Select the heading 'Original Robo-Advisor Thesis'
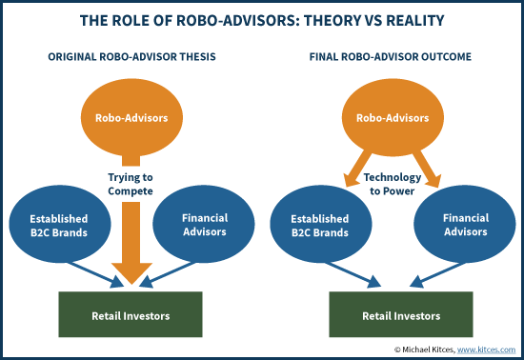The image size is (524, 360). [131, 57]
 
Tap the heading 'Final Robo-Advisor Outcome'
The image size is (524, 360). [390, 57]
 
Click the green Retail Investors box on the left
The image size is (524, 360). [131, 313]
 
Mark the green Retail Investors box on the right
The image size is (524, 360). [391, 313]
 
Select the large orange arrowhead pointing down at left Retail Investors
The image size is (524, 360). [131, 274]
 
